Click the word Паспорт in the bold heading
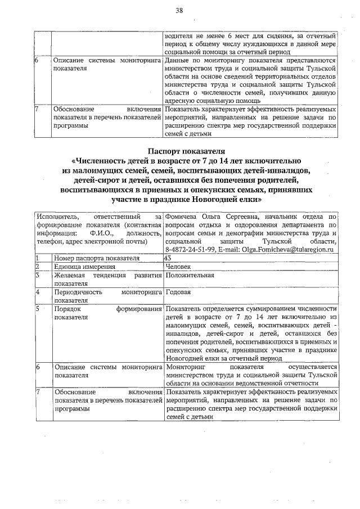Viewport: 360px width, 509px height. point(165,151)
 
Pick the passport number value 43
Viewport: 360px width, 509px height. point(167,258)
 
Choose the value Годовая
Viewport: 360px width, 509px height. point(178,292)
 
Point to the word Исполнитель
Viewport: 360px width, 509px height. point(56,216)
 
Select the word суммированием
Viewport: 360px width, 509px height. point(262,309)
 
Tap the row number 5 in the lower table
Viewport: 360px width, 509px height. point(37,309)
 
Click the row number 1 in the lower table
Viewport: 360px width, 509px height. point(37,258)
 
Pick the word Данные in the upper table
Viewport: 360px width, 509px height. point(179,60)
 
